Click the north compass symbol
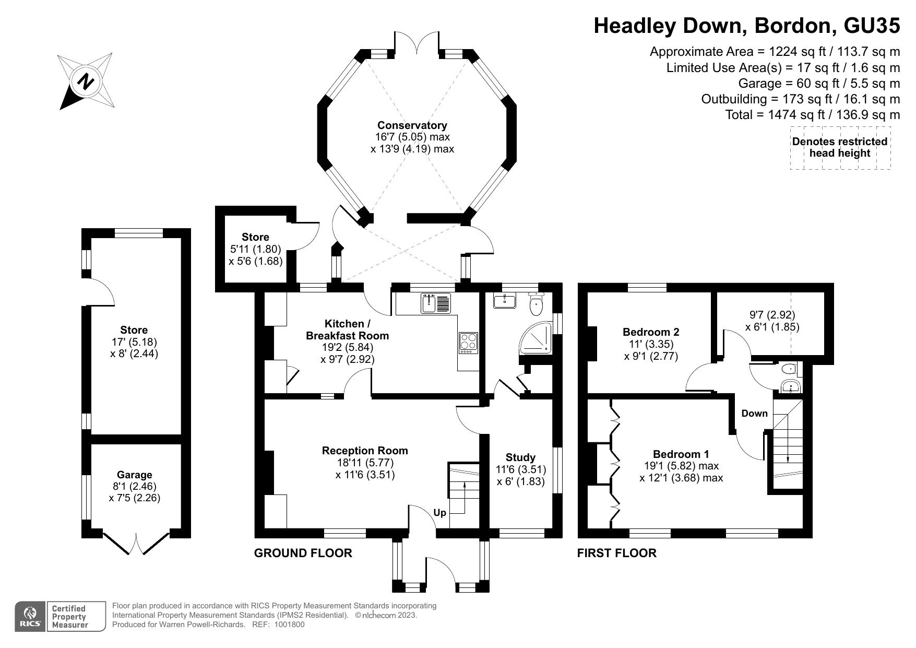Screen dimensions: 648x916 pos(86,81)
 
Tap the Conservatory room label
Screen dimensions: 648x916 pos(412,125)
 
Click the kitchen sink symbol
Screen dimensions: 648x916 pos(435,303)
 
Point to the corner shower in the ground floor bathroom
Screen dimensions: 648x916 pos(536,337)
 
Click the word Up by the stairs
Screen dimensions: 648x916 pos(439,513)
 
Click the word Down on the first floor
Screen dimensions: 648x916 pos(754,414)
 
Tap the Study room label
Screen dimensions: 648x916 pos(520,457)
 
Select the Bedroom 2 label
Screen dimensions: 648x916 pos(650,332)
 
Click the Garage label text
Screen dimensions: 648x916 pos(134,475)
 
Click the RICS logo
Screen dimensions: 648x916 pos(30,617)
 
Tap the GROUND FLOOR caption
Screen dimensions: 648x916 pos(303,553)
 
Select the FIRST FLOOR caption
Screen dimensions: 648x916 pos(616,553)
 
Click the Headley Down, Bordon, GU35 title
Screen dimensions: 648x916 pos(746,26)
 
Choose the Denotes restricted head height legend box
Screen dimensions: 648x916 pos(839,147)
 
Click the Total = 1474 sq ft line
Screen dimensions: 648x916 pos(812,115)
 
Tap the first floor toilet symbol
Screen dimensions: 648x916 pos(789,369)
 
